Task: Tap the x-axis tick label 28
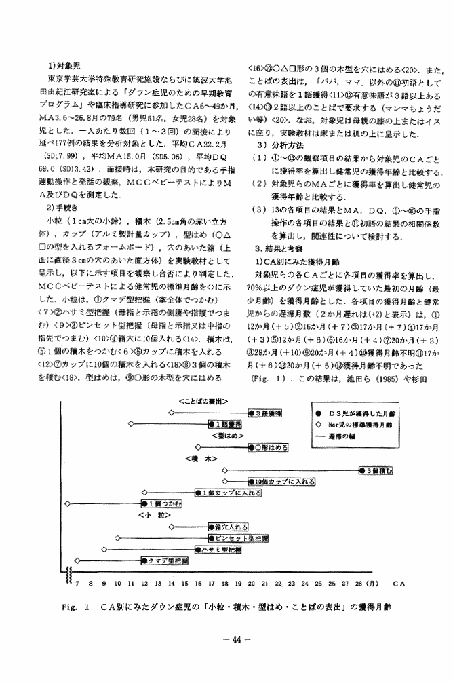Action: coord(359,582)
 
